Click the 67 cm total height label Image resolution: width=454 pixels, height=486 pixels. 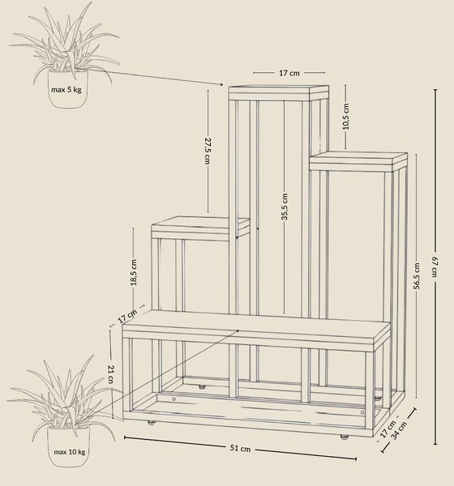435,267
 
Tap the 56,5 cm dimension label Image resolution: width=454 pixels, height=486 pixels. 417,276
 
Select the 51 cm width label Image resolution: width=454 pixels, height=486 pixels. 240,448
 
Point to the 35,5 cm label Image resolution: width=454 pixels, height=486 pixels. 285,207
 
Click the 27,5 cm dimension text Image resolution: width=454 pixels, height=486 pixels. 208,151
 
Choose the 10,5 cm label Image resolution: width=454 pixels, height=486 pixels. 346,116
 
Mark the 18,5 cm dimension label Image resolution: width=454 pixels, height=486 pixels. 134,272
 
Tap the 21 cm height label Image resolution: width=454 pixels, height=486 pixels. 111,374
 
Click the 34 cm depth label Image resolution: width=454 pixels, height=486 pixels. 398,431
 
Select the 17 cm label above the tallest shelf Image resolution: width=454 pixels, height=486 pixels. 289,73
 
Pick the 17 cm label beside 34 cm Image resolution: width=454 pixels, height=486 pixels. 388,429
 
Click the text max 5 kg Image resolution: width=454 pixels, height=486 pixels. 66,90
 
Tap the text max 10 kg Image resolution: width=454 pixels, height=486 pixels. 70,452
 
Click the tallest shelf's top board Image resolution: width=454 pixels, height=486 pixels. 279,92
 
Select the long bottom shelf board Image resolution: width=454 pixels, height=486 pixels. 256,331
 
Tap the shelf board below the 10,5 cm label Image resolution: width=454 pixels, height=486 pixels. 358,161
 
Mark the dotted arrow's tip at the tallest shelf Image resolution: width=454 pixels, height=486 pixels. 223,84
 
